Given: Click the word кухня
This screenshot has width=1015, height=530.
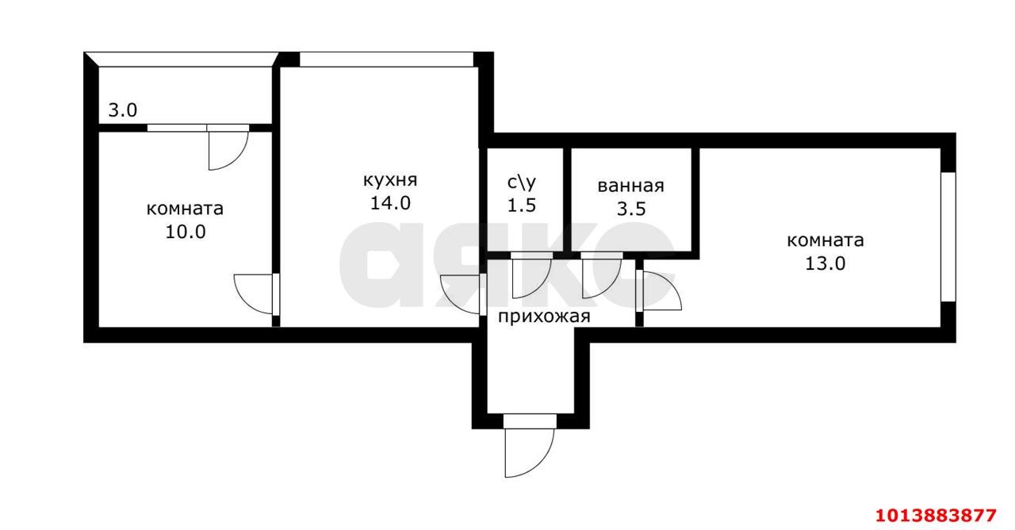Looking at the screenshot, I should pos(390,180).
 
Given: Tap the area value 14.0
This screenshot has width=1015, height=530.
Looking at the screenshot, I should pos(390,203).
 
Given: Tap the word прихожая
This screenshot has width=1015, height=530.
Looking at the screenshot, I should pos(544,317).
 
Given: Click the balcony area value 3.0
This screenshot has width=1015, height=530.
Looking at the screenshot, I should pos(123,110).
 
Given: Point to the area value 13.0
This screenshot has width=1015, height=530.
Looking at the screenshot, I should pos(825,263).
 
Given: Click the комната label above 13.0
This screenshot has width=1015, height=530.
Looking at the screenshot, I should pos(825,240).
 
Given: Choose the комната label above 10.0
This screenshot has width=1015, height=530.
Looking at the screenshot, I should pos(185,209).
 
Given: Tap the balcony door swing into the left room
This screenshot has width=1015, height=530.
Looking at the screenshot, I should pos(227,148).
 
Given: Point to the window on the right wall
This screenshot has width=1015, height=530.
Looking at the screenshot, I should pos(948,236).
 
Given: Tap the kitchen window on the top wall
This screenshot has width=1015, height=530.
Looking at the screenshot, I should pos(386,60).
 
